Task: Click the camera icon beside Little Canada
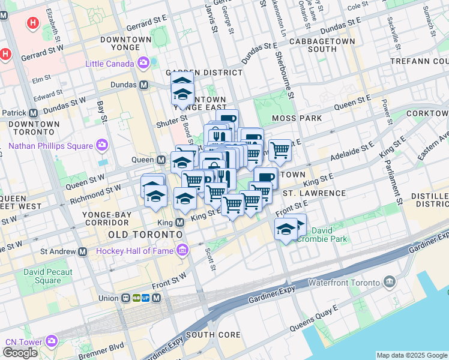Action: pyautogui.click(x=143, y=62)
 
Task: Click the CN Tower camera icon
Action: pyautogui.click(x=52, y=341)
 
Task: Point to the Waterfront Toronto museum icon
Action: pyautogui.click(x=390, y=281)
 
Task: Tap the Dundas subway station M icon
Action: pyautogui.click(x=143, y=85)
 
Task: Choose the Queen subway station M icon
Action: pyautogui.click(x=161, y=160)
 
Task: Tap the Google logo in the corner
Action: pyautogui.click(x=20, y=353)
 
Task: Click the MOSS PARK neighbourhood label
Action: pyautogui.click(x=297, y=118)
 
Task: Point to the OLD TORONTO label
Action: pyautogui.click(x=144, y=233)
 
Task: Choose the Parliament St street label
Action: pyautogui.click(x=399, y=193)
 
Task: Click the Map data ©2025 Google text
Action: pyautogui.click(x=412, y=355)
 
